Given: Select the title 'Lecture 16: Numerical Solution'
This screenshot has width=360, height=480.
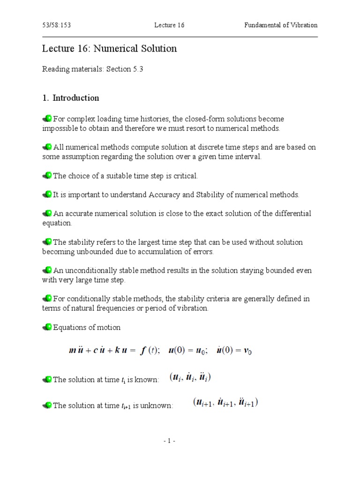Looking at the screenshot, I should click(110, 49).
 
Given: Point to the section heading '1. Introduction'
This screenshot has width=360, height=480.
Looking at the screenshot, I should click(71, 98).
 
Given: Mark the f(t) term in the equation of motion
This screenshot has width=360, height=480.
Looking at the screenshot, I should click(150, 352).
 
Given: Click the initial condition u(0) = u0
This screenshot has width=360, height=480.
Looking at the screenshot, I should click(188, 352).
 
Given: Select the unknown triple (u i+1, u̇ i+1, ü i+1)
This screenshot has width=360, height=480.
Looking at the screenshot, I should click(225, 403).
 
